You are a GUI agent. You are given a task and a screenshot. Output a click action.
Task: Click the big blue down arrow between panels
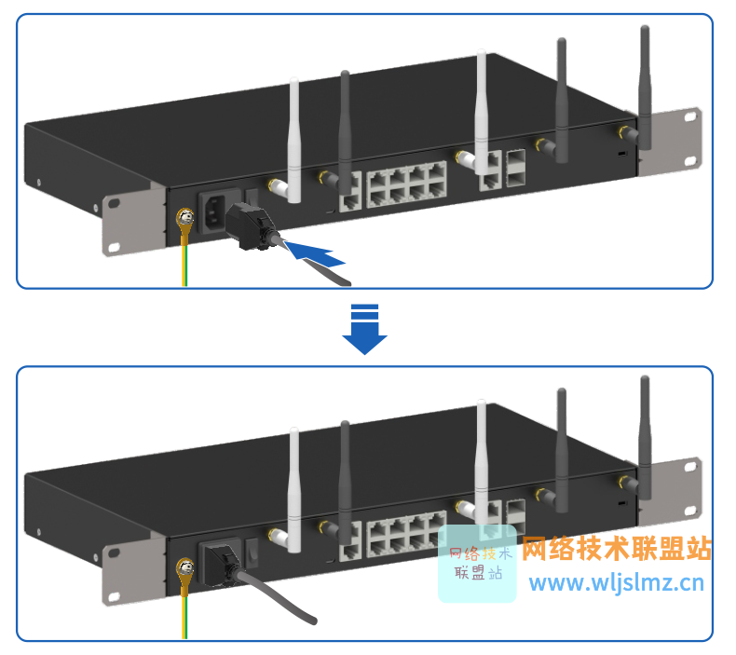[x=364, y=329]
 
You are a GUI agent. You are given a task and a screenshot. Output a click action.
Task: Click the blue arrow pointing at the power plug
[x=311, y=252]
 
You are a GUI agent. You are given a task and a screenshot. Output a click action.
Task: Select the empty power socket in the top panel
[x=213, y=214]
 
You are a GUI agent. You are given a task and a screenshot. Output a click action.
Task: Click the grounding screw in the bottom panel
[x=184, y=568]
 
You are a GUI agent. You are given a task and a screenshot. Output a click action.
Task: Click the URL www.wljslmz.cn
[x=617, y=585]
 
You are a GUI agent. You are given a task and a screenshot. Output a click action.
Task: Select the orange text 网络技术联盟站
[x=617, y=549]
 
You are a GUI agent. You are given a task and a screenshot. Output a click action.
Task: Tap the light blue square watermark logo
[x=477, y=563]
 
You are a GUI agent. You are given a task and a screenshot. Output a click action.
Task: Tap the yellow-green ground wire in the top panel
[x=184, y=261]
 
